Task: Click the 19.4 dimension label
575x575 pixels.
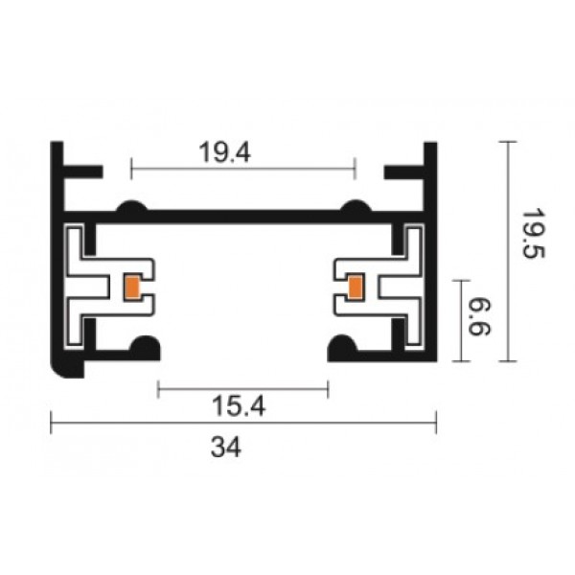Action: pyautogui.click(x=225, y=152)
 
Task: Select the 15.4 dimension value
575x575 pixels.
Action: pyautogui.click(x=239, y=406)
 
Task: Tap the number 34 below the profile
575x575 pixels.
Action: pyautogui.click(x=226, y=447)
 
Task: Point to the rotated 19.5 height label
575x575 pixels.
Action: pyautogui.click(x=533, y=234)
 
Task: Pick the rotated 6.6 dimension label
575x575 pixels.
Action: pyautogui.click(x=479, y=317)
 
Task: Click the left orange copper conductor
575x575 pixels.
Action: pyautogui.click(x=132, y=287)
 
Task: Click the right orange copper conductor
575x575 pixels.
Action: pyautogui.click(x=355, y=287)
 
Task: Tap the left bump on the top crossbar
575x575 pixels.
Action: pyautogui.click(x=132, y=206)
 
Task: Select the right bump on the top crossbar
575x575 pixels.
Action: pyautogui.click(x=356, y=206)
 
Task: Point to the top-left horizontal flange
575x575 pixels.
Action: pyautogui.click(x=82, y=172)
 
